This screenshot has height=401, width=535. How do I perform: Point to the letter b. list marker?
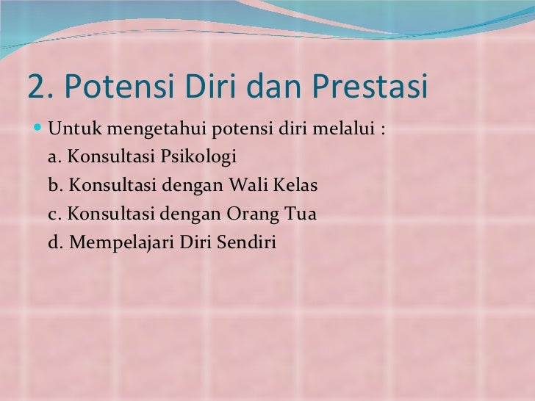click(54, 185)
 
